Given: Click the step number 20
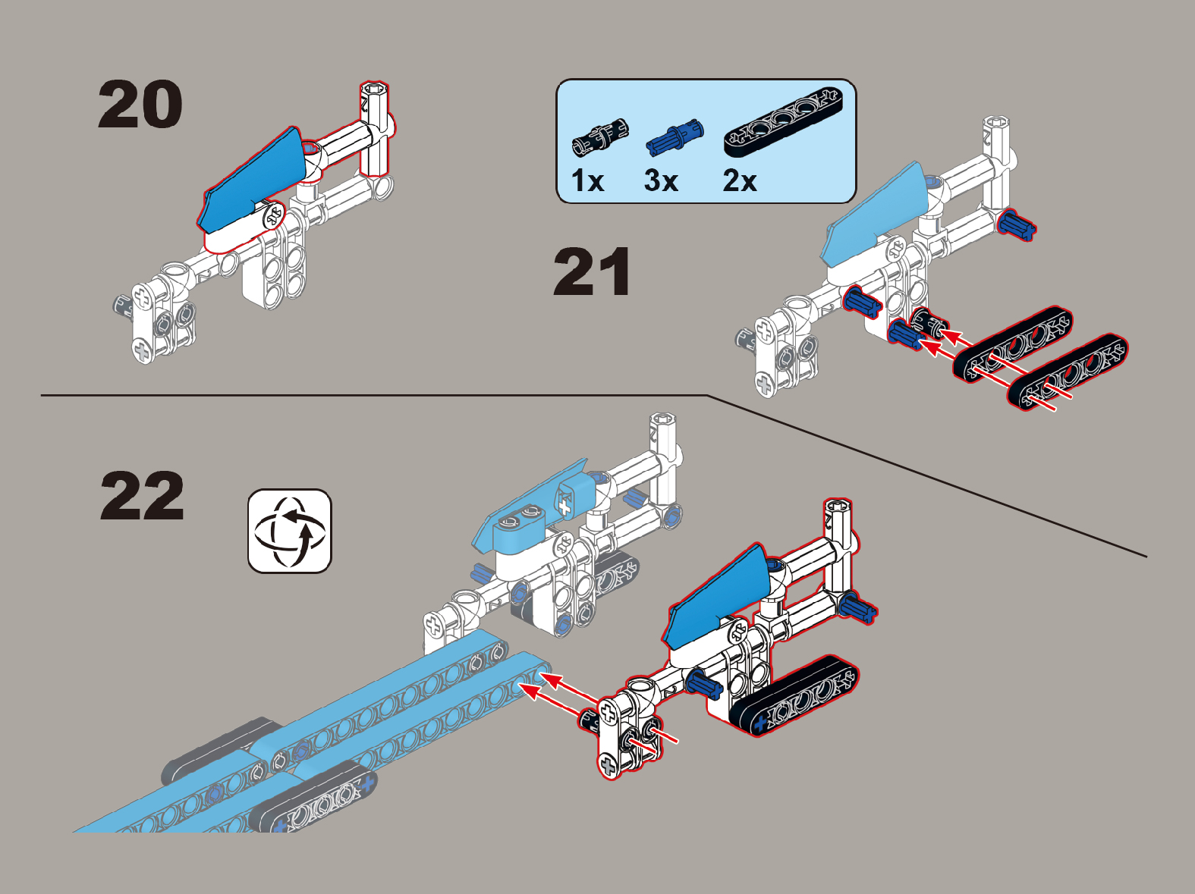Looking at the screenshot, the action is (140, 104).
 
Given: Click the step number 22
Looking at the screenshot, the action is (142, 495).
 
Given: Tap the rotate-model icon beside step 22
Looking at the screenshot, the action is (290, 531).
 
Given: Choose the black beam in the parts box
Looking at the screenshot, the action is (783, 121).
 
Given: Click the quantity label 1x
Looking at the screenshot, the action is (587, 180).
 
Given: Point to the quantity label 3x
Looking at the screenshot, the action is (661, 180).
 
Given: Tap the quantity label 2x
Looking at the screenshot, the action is (739, 180).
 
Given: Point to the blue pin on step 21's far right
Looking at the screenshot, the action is (1017, 225).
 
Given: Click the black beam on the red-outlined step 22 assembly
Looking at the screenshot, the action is (795, 695).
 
